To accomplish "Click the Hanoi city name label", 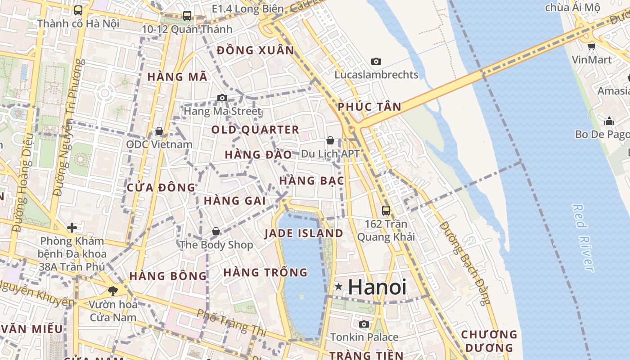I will coord(377,287).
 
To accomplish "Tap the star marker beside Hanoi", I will coord(338,287).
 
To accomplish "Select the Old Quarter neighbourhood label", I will coord(255,130).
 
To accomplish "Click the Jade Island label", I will coord(304,234).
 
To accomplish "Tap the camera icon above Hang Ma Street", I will coord(222,98).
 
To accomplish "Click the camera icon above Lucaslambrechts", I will coord(376,62).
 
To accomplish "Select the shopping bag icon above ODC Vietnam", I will coord(159,131).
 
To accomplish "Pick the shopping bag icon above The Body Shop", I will coord(216,232).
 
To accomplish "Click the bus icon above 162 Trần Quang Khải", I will coord(386,210).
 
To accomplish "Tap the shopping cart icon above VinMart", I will coord(592,46).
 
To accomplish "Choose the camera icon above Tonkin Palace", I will coord(364,324).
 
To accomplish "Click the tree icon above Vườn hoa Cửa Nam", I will coord(112,291).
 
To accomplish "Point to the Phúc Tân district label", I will coord(369,107).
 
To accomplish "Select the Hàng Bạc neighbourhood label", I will coord(311,181).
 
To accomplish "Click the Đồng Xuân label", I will coord(256,50).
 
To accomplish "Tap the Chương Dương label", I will coord(489,341).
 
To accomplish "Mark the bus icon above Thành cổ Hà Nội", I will coord(78,10).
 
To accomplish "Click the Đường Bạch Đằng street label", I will coord(465,263).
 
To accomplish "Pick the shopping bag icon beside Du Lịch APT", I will coord(330,141).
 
